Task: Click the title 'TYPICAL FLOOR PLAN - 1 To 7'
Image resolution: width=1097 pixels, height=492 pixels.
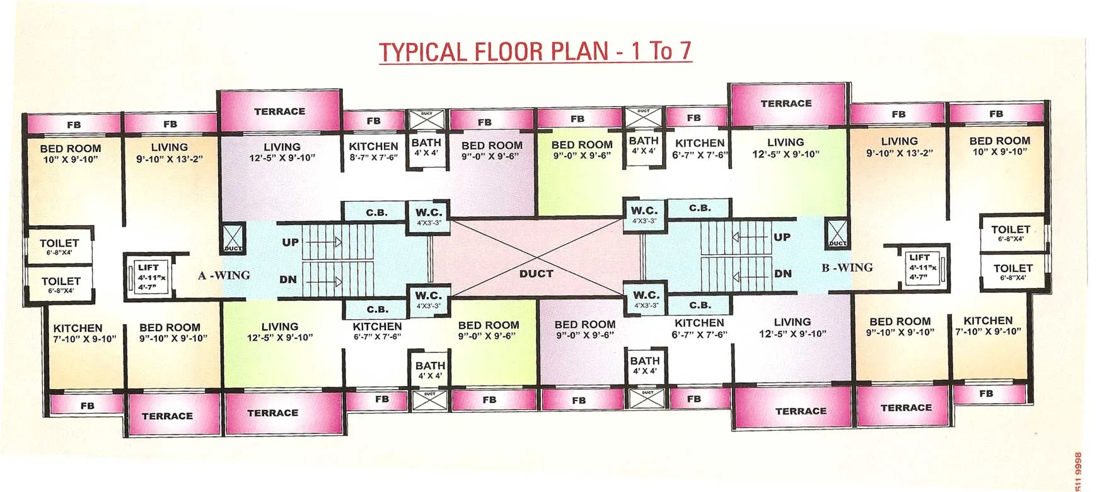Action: point(535,50)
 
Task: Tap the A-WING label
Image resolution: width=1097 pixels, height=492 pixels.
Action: point(224,276)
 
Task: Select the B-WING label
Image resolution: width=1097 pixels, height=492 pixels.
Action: point(847,267)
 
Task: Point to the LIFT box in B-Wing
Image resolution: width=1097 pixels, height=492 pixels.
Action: point(922,267)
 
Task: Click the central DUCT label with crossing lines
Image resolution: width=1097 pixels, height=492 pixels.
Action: point(536,274)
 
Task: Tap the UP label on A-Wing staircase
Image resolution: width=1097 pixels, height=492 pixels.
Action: point(290,242)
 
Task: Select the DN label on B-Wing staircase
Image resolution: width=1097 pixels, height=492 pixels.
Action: point(782,274)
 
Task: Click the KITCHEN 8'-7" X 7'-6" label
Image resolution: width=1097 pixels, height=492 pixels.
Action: point(373,151)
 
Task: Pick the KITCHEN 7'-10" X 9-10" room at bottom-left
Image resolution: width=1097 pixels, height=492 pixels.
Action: point(84,333)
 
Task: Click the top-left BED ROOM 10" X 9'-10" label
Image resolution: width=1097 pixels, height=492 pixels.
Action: point(71,154)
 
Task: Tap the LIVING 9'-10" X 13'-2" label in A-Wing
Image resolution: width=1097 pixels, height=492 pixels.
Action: point(169,153)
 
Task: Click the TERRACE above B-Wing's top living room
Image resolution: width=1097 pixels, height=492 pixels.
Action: point(786,103)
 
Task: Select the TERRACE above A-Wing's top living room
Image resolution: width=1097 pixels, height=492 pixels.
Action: point(279,112)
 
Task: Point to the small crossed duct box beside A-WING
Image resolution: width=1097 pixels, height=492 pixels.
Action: point(233,238)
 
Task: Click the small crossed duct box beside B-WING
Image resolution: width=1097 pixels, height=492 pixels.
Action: point(837,233)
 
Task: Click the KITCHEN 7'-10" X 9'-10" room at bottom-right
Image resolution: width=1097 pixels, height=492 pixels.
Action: point(987,325)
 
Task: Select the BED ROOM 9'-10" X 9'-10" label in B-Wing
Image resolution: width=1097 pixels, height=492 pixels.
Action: point(900,327)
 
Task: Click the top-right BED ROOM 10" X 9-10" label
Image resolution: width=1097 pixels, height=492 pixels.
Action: point(999,146)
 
